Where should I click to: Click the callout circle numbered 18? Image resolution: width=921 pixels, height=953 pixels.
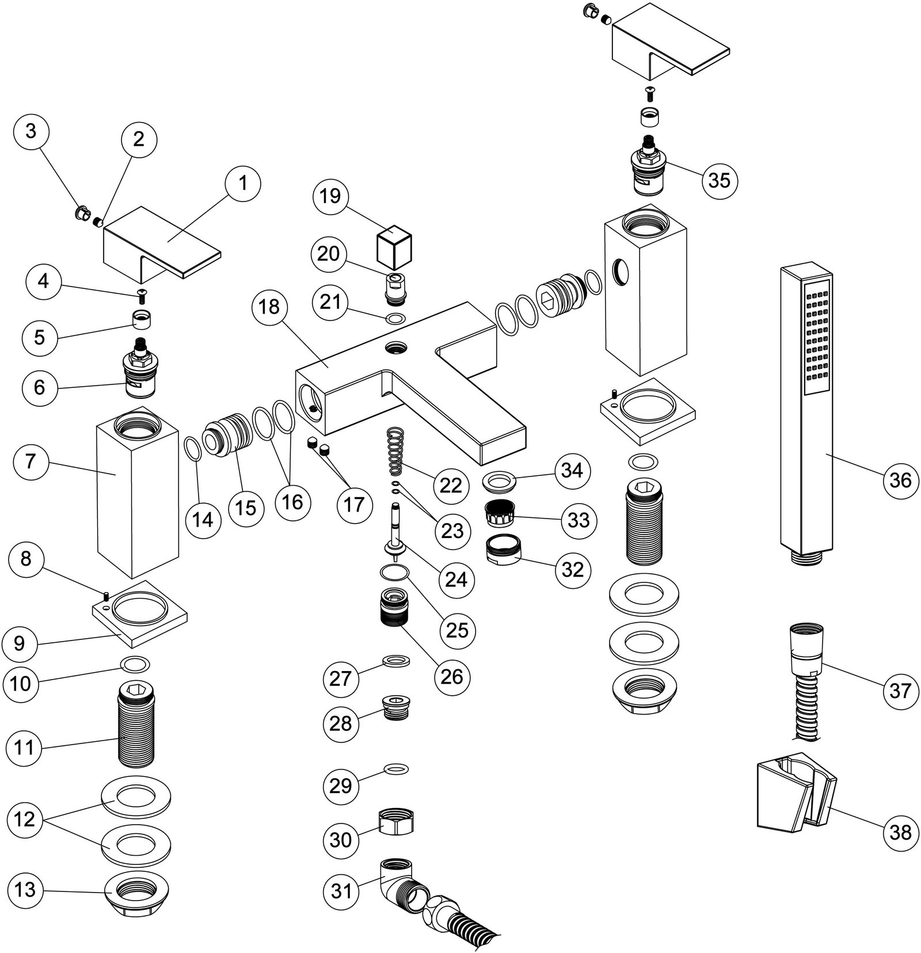click(x=269, y=307)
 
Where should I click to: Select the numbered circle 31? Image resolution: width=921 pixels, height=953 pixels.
click(x=341, y=891)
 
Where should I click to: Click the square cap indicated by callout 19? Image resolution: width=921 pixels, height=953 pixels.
click(x=394, y=247)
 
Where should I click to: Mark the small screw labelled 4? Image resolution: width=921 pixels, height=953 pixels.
click(x=142, y=296)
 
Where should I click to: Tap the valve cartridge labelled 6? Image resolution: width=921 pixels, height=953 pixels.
click(x=140, y=372)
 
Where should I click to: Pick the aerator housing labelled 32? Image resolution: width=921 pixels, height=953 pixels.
click(x=503, y=551)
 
